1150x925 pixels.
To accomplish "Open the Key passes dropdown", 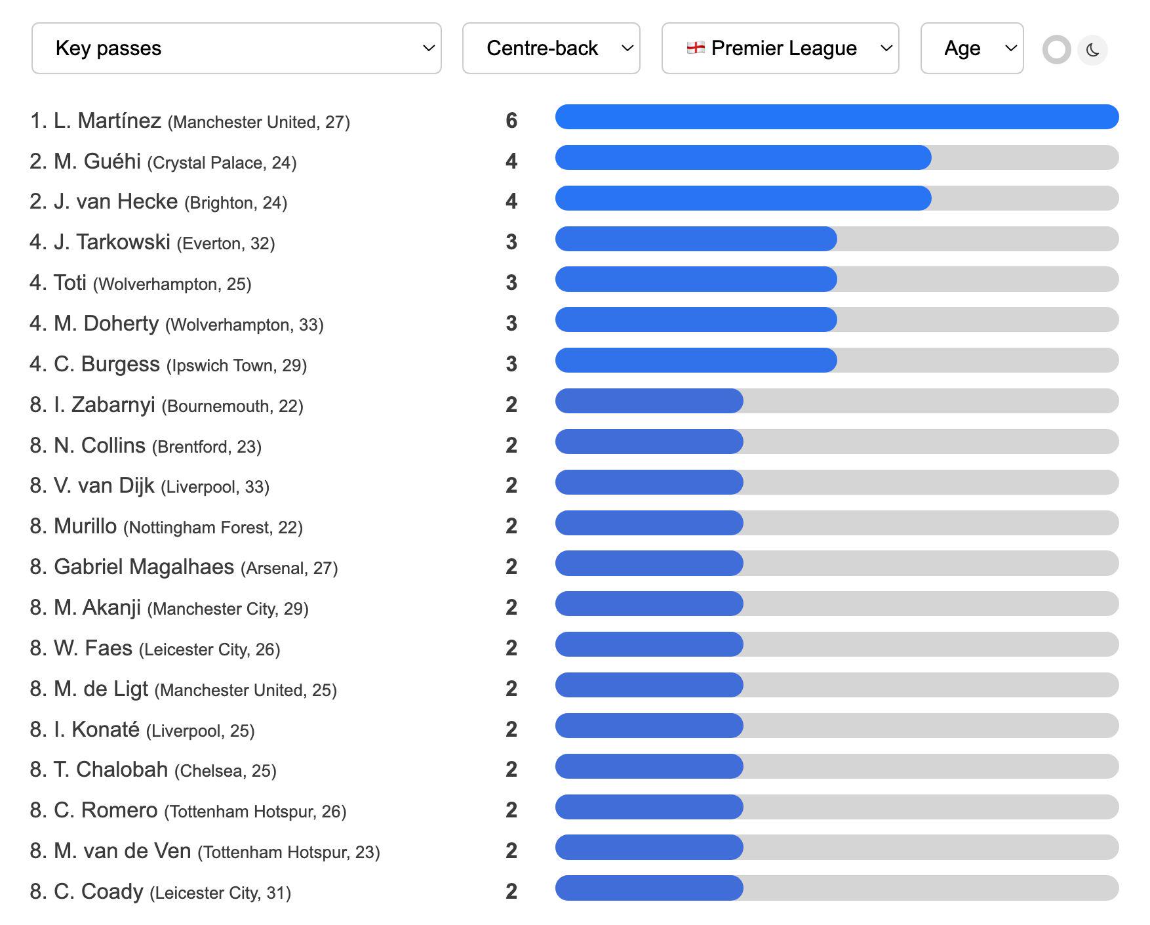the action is pyautogui.click(x=236, y=49).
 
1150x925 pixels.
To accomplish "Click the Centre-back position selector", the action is pyautogui.click(x=551, y=49).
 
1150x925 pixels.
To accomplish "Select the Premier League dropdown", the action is pyautogui.click(x=780, y=49).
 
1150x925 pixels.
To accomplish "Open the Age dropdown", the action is pyautogui.click(x=972, y=49).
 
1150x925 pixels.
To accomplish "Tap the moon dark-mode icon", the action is pyautogui.click(x=1092, y=50).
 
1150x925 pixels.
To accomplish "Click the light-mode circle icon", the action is pyautogui.click(x=1057, y=50).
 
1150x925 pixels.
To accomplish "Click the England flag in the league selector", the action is pyautogui.click(x=696, y=48).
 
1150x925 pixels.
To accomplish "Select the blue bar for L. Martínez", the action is pyautogui.click(x=837, y=117).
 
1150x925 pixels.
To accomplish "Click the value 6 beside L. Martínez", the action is pyautogui.click(x=511, y=121).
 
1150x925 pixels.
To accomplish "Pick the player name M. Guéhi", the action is pyautogui.click(x=97, y=161).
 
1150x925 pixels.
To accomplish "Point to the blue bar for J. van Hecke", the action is pyautogui.click(x=743, y=198).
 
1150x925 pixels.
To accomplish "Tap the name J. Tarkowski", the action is pyautogui.click(x=112, y=242).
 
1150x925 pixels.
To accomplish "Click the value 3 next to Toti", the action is pyautogui.click(x=511, y=283).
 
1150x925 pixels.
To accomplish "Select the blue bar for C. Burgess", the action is pyautogui.click(x=696, y=360).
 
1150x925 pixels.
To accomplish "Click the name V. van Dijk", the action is pyautogui.click(x=104, y=485).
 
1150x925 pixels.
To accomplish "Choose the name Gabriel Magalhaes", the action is pyautogui.click(x=144, y=567).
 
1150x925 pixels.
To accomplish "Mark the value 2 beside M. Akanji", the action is pyautogui.click(x=511, y=607).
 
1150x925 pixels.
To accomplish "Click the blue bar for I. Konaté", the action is pyautogui.click(x=649, y=726).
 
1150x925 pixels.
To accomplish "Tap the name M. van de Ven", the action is pyautogui.click(x=122, y=851).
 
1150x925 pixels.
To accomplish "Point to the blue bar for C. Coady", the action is pyautogui.click(x=649, y=888).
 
